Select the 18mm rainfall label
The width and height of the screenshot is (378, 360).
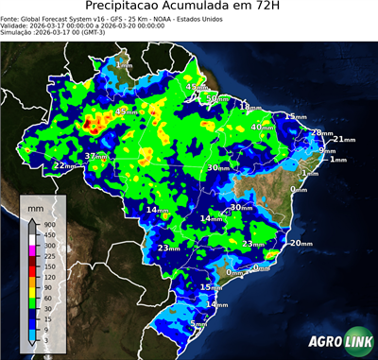coord(249,107)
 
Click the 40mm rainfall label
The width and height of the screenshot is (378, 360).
coord(262,127)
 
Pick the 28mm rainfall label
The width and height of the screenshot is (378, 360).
coord(321,132)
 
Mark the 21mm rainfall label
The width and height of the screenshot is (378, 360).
coord(343,140)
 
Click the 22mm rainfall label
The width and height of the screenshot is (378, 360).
coord(64,165)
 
